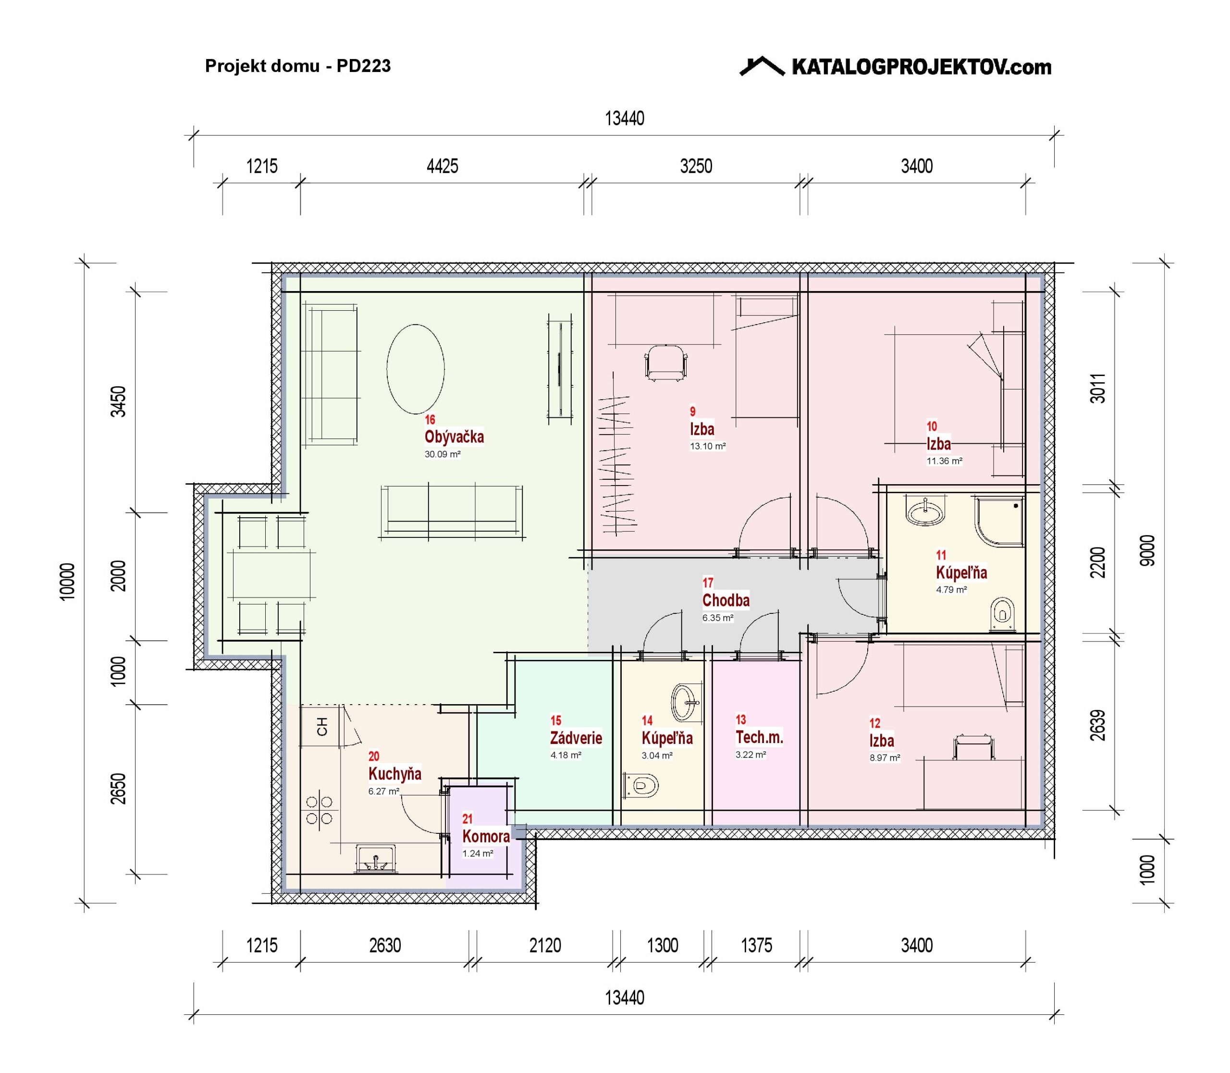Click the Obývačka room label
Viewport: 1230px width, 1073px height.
454,437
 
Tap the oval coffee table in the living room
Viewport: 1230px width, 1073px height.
416,369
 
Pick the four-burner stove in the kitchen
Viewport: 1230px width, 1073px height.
319,810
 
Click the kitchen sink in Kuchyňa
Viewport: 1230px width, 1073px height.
375,858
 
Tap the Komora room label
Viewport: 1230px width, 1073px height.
486,836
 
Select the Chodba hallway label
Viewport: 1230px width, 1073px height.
726,600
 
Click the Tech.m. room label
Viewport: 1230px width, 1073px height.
759,737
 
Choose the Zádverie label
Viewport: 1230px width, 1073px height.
576,738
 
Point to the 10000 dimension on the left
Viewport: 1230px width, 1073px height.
68,581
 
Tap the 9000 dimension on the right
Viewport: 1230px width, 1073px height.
1147,550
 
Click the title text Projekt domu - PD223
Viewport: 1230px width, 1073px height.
297,66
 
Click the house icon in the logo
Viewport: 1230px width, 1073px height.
762,66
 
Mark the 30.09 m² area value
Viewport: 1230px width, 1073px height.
443,454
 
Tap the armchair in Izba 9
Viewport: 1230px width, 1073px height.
665,363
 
